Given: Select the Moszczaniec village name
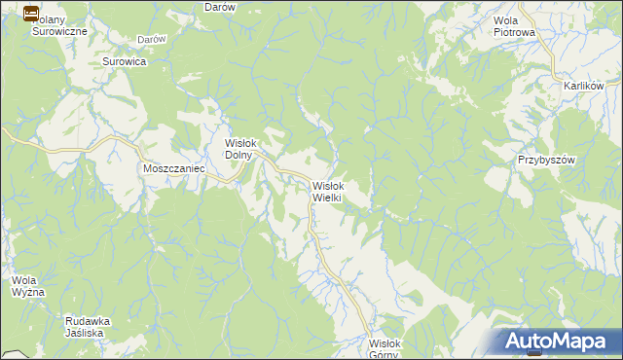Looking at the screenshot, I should (x=171, y=168).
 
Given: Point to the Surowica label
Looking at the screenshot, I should (x=124, y=61).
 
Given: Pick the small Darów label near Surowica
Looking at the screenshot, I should (x=151, y=39).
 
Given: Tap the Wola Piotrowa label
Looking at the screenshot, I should (x=515, y=26).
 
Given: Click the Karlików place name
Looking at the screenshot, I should (x=584, y=86).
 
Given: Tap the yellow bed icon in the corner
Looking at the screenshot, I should (x=30, y=14).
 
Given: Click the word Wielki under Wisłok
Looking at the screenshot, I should (x=326, y=198).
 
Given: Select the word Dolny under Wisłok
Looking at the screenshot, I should (x=239, y=154).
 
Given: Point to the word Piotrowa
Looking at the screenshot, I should (x=515, y=32).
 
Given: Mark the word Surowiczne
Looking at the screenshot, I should (x=59, y=31).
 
